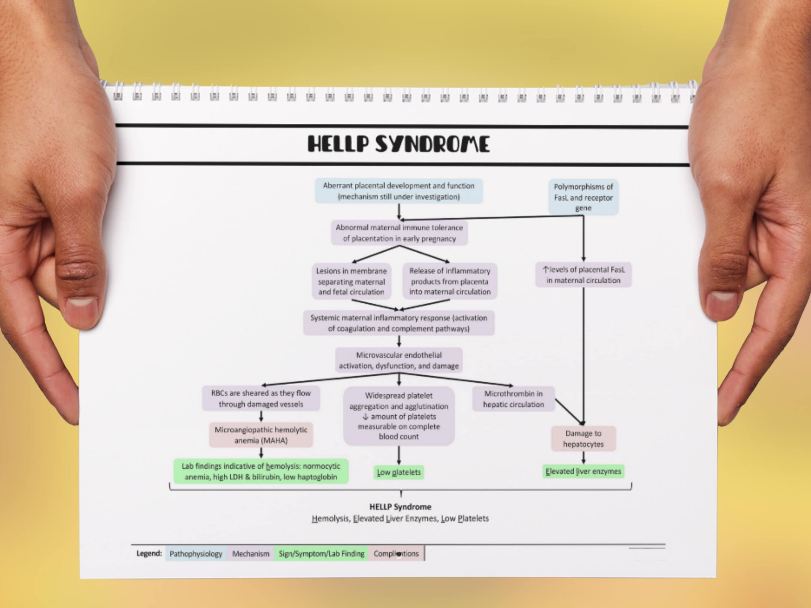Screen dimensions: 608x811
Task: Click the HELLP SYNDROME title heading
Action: (399, 144)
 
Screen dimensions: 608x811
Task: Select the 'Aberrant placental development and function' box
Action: (399, 191)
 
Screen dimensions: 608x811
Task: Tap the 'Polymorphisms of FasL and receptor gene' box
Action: (583, 197)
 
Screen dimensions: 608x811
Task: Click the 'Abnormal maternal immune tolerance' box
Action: (399, 233)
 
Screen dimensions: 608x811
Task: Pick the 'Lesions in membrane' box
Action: (351, 281)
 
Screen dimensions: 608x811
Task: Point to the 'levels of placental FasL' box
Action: (583, 275)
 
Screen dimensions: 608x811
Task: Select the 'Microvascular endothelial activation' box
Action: (399, 360)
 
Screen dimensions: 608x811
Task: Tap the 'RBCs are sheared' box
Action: (261, 399)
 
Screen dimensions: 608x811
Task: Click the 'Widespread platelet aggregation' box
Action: (399, 416)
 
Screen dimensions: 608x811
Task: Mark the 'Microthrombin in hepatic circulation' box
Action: (513, 399)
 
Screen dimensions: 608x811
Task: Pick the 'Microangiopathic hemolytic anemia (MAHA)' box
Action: (261, 435)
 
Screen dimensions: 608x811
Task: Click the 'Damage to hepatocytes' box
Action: (583, 439)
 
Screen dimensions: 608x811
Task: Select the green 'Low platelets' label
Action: (399, 472)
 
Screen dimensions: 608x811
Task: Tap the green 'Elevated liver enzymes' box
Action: (583, 472)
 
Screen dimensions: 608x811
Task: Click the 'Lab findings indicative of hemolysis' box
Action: (261, 472)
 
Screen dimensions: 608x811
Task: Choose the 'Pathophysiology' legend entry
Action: (196, 554)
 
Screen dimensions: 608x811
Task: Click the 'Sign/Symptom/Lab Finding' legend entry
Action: (321, 554)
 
